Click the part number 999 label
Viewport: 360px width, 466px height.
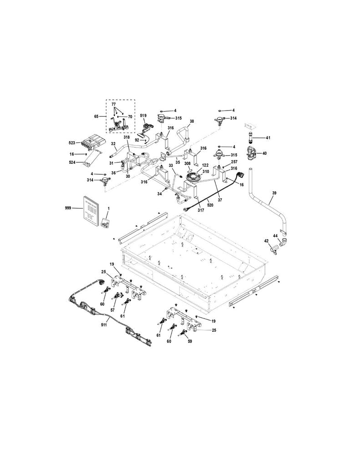click(x=68, y=208)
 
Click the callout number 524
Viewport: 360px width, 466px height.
click(x=71, y=162)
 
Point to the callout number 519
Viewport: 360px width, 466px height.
click(x=143, y=115)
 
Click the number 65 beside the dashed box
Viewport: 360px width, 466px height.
click(x=96, y=116)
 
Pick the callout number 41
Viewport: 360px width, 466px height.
click(x=269, y=137)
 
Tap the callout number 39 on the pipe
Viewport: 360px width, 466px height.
click(x=274, y=193)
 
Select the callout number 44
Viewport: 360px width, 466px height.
click(x=275, y=235)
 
